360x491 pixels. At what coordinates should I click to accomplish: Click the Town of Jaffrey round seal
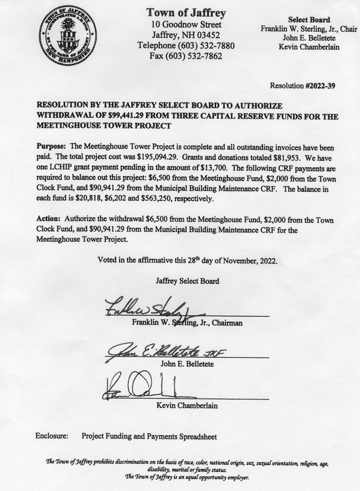(x=68, y=35)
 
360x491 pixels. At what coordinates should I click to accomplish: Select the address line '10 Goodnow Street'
(x=186, y=24)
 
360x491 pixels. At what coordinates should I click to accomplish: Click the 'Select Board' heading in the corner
(x=309, y=20)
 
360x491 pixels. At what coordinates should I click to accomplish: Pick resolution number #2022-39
(x=321, y=86)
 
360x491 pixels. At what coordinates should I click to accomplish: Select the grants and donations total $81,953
(x=318, y=157)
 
